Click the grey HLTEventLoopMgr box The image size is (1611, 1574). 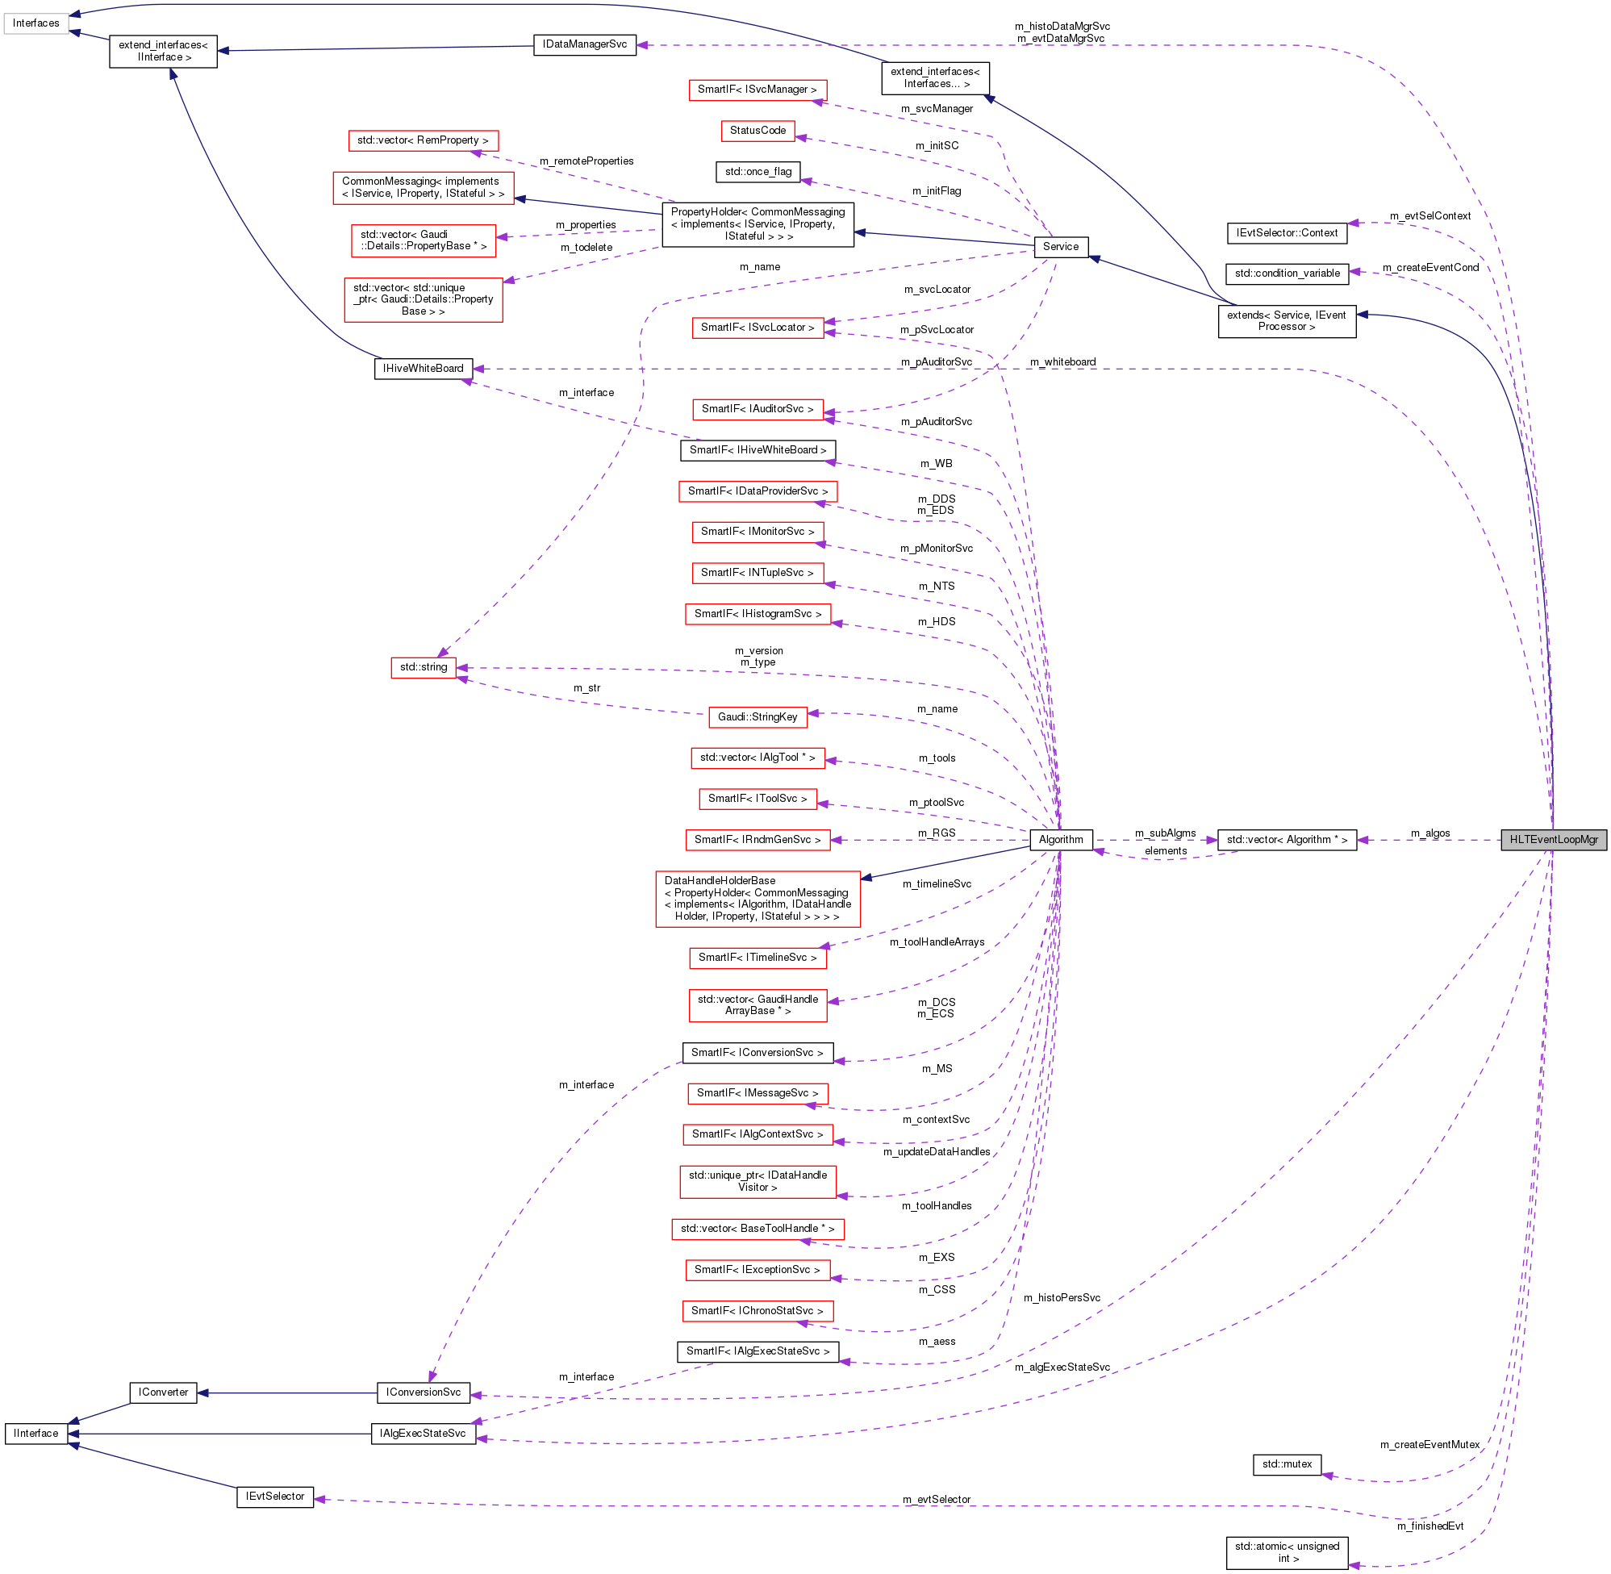pyautogui.click(x=1553, y=839)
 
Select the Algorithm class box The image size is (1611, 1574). pyautogui.click(x=1061, y=839)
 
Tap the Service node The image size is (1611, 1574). pyautogui.click(x=1061, y=246)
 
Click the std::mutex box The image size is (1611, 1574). pyautogui.click(x=1286, y=1464)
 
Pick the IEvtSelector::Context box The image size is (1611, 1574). pyautogui.click(x=1286, y=233)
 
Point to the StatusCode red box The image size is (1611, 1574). pyautogui.click(x=758, y=131)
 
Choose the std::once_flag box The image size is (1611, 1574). pyautogui.click(x=758, y=172)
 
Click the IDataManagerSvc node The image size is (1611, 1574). pyautogui.click(x=584, y=44)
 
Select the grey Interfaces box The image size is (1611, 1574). pyautogui.click(x=35, y=23)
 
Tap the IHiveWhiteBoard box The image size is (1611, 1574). pyautogui.click(x=423, y=369)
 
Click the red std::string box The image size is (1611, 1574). pyautogui.click(x=424, y=667)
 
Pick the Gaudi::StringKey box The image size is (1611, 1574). pyautogui.click(x=758, y=716)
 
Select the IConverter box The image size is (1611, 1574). pyautogui.click(x=163, y=1392)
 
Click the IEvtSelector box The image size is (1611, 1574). pyautogui.click(x=274, y=1497)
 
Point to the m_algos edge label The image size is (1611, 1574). pyautogui.click(x=1429, y=833)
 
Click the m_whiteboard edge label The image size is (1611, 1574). pyautogui.click(x=1062, y=362)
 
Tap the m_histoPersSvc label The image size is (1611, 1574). pyautogui.click(x=1062, y=1298)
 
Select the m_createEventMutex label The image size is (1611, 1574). pyautogui.click(x=1429, y=1444)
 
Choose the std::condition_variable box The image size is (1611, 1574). pyautogui.click(x=1286, y=273)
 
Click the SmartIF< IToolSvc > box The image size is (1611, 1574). pyautogui.click(x=758, y=799)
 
